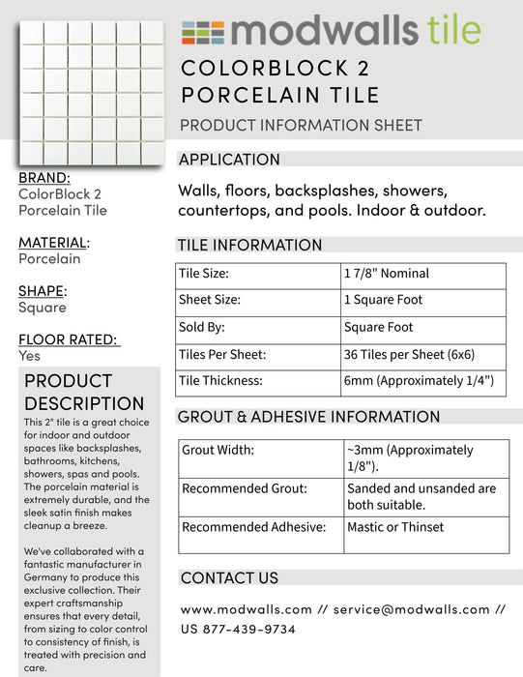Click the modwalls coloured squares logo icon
click(x=202, y=32)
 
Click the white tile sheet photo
click(x=92, y=93)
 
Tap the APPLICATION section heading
click(x=229, y=160)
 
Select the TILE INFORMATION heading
click(x=249, y=245)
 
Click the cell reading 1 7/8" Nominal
click(x=386, y=274)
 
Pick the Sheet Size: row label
click(x=210, y=300)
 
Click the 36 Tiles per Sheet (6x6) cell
click(x=409, y=354)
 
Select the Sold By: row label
click(x=201, y=327)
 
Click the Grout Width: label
click(x=218, y=450)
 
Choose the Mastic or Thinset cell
click(x=395, y=527)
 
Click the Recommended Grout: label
click(x=244, y=488)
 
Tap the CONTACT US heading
click(x=229, y=577)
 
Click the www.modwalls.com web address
click(x=246, y=609)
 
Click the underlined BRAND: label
click(x=44, y=178)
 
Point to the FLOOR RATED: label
click(x=69, y=338)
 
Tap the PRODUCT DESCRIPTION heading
click(x=83, y=392)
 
